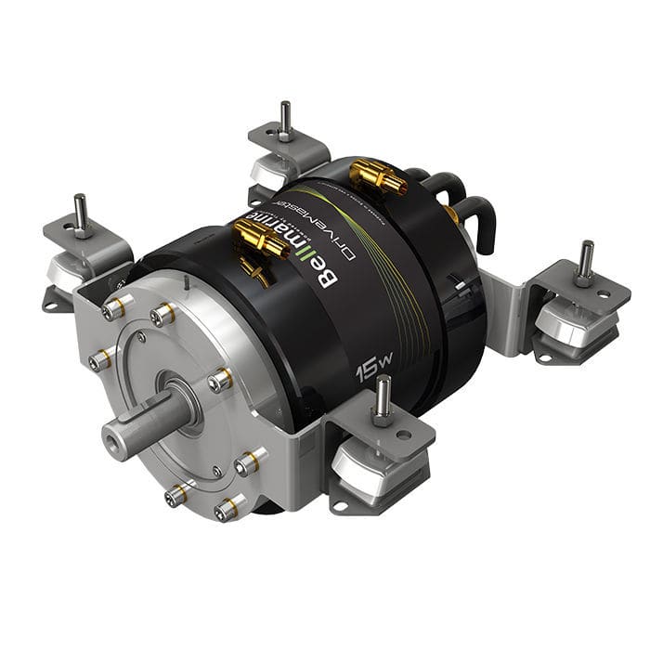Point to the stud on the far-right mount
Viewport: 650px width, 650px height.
[585, 261]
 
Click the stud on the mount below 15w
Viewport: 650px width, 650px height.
[382, 400]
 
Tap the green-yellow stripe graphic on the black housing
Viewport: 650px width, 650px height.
[409, 288]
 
